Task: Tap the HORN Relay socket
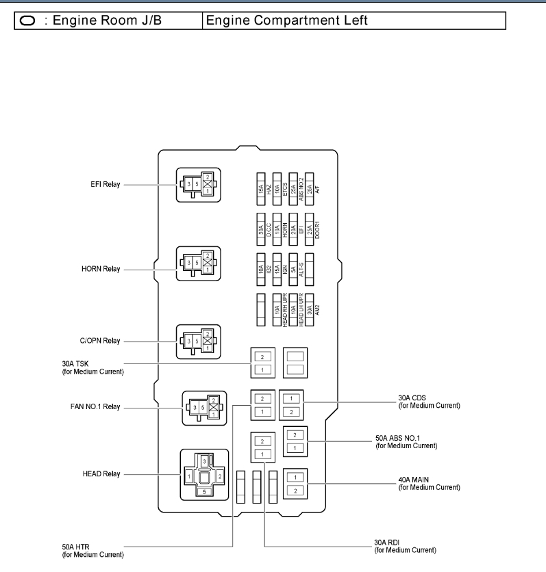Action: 198,263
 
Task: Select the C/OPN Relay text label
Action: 101,340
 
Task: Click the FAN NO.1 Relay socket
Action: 203,408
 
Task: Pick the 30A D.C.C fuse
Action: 260,229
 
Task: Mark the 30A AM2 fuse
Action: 310,309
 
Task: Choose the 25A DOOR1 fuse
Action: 310,229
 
